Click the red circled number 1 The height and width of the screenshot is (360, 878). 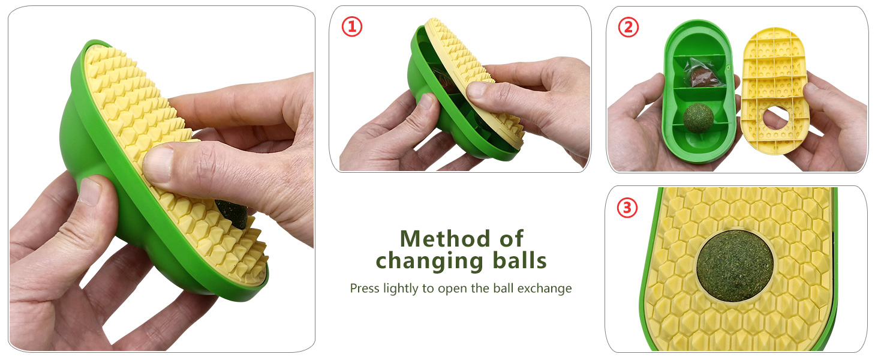(x=351, y=26)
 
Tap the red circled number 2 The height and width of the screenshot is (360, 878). (x=629, y=27)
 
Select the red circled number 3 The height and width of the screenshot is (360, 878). (x=627, y=208)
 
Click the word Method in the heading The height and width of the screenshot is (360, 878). (x=445, y=238)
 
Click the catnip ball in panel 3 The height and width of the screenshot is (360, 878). (x=735, y=265)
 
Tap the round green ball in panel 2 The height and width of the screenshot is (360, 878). (x=698, y=118)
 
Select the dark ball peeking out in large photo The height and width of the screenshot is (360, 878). (x=232, y=214)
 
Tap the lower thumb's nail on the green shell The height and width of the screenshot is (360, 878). (x=90, y=191)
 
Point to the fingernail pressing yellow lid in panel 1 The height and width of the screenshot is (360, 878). (x=476, y=89)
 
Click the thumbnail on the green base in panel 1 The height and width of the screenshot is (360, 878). (x=426, y=101)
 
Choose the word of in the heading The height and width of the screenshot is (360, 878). (x=511, y=238)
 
